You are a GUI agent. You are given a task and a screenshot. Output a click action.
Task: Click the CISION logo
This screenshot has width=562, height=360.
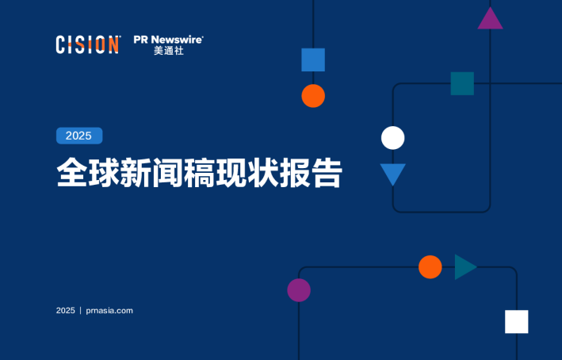[x=87, y=44]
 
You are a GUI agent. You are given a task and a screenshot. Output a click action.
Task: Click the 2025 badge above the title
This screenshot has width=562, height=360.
[x=78, y=136]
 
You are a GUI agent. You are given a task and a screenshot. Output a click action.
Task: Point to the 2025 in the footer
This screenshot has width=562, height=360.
[x=65, y=310]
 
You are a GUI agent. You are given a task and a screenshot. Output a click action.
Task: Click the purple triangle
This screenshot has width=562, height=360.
[x=491, y=19]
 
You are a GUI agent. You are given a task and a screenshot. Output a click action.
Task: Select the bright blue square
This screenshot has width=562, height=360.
[x=313, y=59]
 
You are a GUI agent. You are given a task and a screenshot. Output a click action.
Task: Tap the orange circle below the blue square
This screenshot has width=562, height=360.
[x=313, y=96]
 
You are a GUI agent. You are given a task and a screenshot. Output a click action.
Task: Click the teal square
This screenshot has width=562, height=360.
[x=462, y=83]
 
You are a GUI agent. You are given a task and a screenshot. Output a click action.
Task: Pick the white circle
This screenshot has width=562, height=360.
[x=392, y=138]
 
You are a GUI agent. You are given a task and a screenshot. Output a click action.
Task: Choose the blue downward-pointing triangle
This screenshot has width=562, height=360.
[x=392, y=172]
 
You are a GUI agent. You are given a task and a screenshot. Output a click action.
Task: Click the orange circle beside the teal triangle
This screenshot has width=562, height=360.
[x=430, y=267]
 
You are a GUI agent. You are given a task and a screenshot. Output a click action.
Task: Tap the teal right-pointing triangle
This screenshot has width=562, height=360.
[x=464, y=267]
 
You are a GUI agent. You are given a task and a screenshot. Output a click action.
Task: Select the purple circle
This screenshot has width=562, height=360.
[x=299, y=290]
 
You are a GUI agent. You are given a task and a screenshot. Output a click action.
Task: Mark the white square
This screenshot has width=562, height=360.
[x=516, y=321]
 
